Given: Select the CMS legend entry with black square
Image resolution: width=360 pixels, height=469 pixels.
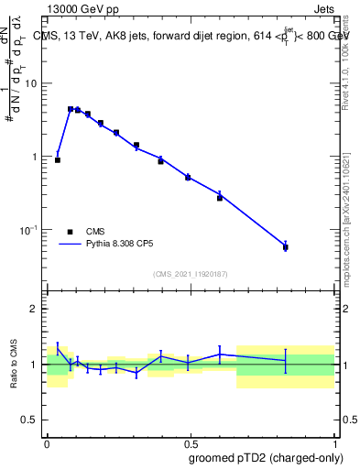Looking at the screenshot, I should pos(71,232).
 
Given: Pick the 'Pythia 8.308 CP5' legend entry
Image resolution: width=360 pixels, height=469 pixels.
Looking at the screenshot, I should pos(71,245).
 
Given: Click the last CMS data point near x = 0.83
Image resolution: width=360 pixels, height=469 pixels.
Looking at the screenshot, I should pos(286,247).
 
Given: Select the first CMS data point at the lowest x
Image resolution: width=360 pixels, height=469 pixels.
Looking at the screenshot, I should pos(58,160).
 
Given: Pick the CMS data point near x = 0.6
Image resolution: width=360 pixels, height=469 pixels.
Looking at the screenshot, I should pos(220,197).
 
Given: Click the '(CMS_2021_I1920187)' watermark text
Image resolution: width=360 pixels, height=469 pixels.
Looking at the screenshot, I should pos(191,274).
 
